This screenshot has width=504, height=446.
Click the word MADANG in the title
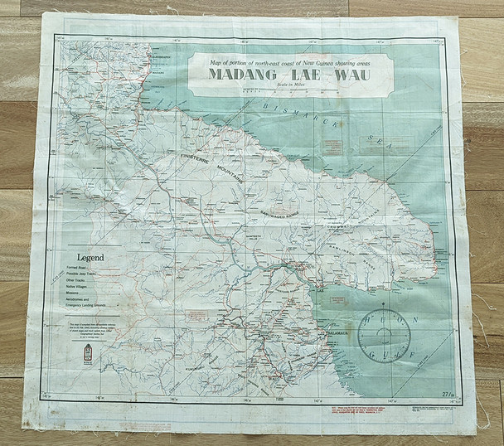point(238,76)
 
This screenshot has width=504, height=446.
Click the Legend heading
point(91,257)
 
